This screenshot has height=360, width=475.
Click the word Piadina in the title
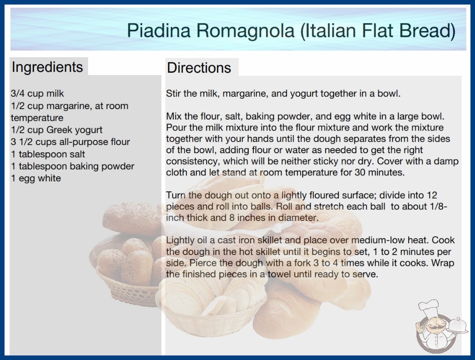pyautogui.click(x=159, y=30)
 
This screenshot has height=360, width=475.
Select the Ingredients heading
pyautogui.click(x=47, y=67)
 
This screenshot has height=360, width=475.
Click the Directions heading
pyautogui.click(x=199, y=68)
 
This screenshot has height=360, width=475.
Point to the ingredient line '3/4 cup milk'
pyautogui.click(x=37, y=94)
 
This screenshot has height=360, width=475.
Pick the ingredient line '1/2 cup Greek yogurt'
pyautogui.click(x=57, y=130)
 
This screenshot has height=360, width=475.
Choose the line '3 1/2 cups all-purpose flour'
pyautogui.click(x=70, y=142)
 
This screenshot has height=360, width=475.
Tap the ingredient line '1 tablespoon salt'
pyautogui.click(x=48, y=154)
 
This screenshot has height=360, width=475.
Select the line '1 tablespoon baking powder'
pyautogui.click(x=72, y=166)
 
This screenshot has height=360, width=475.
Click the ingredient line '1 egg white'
pyautogui.click(x=36, y=178)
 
